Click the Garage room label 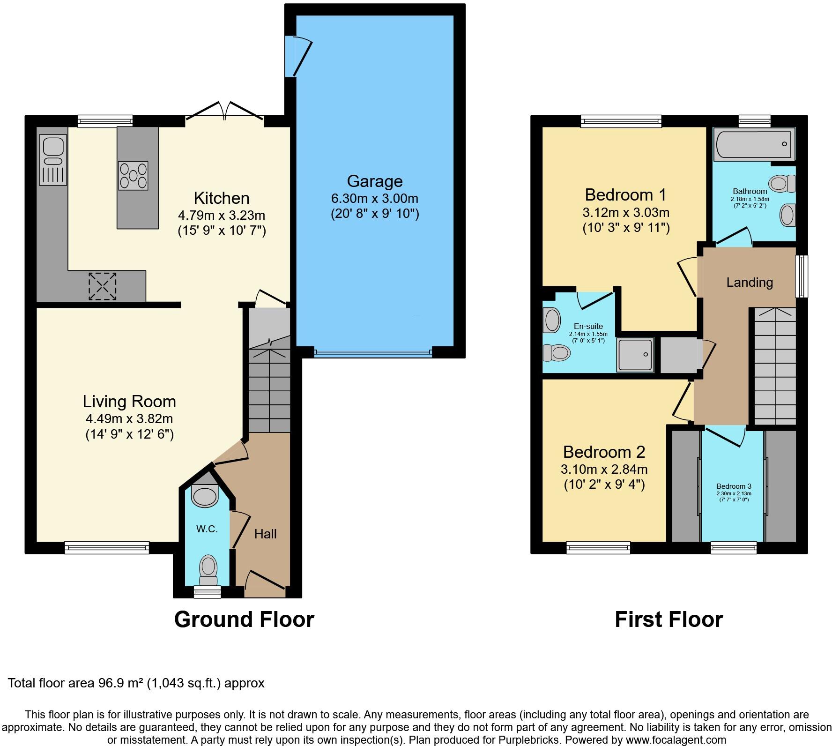coord(374,181)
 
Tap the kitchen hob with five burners coord(133,175)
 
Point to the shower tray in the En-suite coord(635,355)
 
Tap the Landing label coord(749,282)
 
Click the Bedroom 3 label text coord(734,486)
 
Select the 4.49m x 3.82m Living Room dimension coord(129,419)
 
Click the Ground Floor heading coord(244,619)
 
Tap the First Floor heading coord(669,619)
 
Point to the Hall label coord(265,534)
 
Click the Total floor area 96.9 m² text coord(136,683)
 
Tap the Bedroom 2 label coord(604,452)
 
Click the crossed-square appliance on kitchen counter coord(102,286)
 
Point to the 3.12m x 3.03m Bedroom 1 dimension coord(625,213)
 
